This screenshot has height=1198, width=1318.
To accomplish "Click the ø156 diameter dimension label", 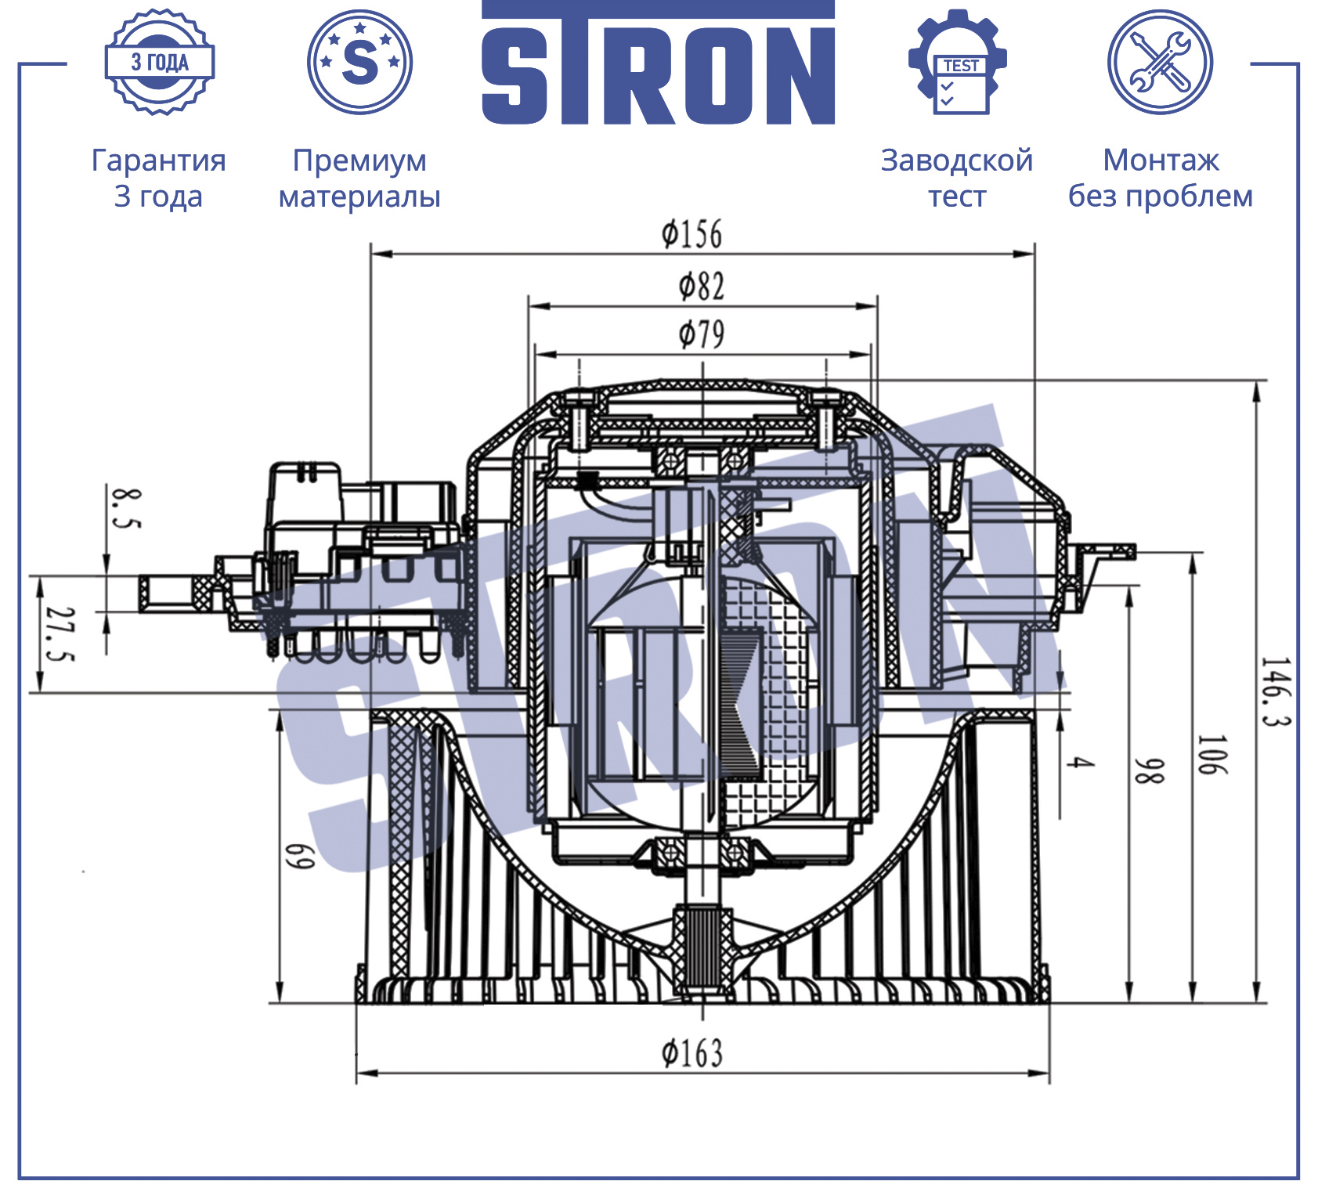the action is (x=691, y=234).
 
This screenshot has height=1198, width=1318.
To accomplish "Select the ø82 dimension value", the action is (x=701, y=287).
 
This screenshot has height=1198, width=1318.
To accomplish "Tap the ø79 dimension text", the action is (x=701, y=334).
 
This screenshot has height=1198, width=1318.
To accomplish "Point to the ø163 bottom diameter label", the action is (x=691, y=1053).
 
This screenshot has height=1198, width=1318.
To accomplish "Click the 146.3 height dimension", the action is (x=1275, y=691).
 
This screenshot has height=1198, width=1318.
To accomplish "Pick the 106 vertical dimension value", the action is (x=1212, y=755).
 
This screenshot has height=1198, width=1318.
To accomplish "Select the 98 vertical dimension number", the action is (x=1150, y=770).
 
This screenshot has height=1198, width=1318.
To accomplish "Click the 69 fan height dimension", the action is (x=299, y=856).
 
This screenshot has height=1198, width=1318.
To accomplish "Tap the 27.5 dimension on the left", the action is (x=60, y=633).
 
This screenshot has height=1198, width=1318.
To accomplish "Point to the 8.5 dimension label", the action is (x=125, y=507).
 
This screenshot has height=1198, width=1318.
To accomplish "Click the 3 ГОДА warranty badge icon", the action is (x=160, y=63).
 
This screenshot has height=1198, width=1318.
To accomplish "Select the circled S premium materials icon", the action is (x=359, y=62).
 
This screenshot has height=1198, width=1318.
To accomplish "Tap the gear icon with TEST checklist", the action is (x=957, y=62).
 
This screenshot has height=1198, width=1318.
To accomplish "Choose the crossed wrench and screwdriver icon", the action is (x=1160, y=62).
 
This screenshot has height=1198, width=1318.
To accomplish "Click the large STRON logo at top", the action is (x=658, y=63).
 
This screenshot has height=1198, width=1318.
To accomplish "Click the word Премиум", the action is (x=359, y=161).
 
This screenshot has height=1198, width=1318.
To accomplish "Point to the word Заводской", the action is (x=957, y=161).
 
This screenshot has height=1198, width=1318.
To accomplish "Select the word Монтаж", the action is (x=1161, y=161).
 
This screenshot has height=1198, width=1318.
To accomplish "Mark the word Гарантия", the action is (x=159, y=161).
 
